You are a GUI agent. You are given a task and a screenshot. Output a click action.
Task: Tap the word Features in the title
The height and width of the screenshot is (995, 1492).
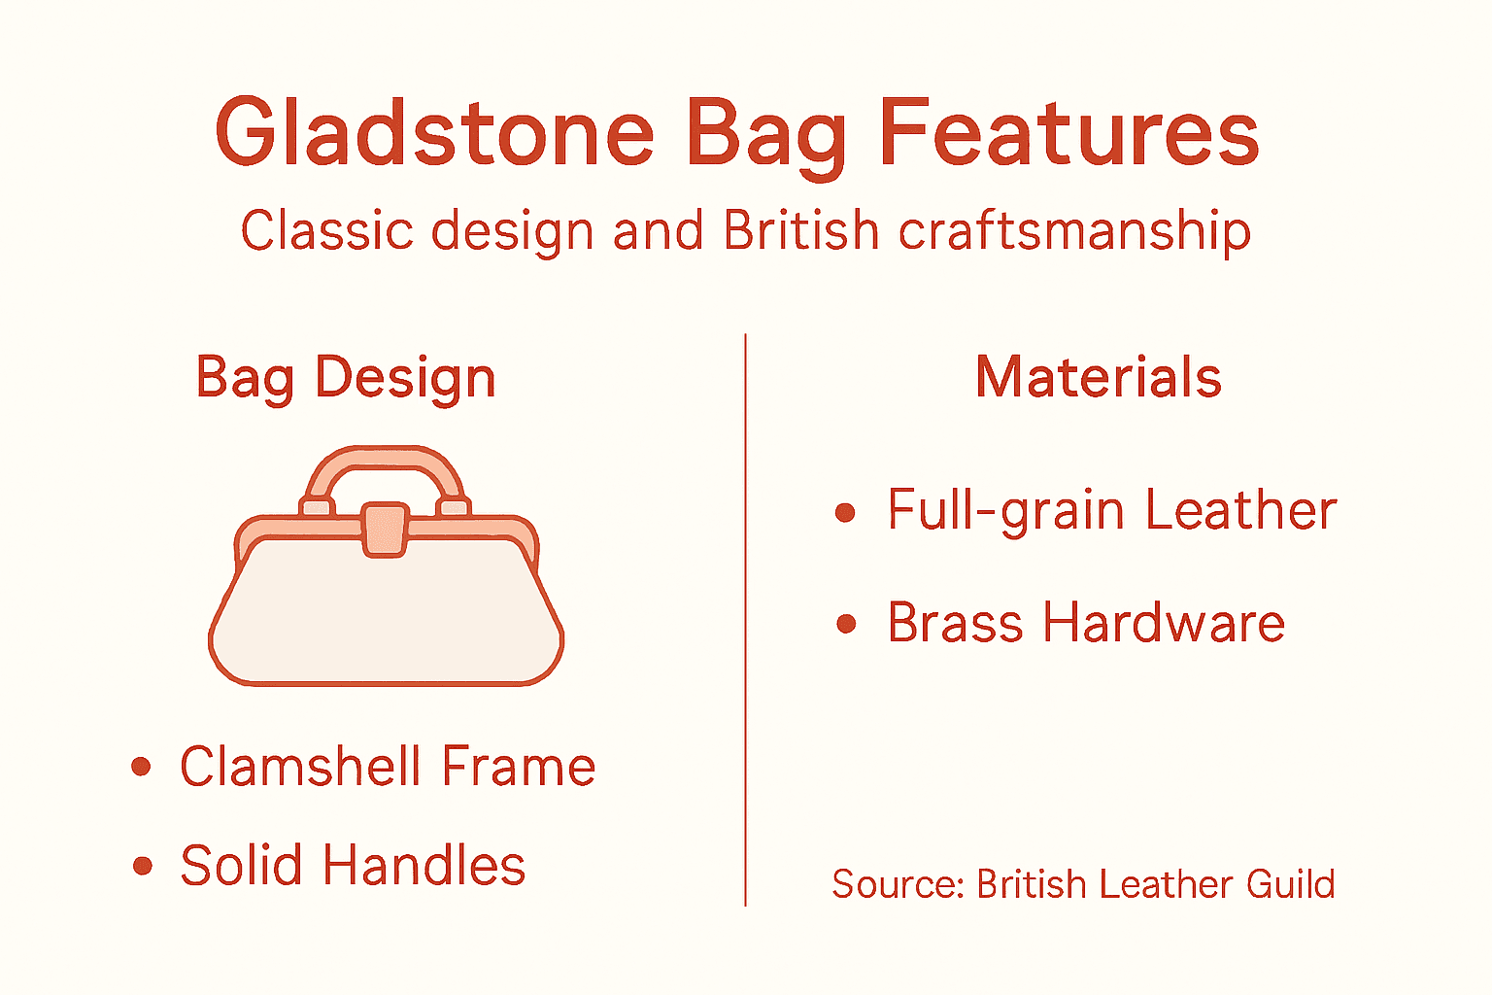1068,132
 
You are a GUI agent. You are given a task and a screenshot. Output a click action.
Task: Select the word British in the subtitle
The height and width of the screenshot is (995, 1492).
800,231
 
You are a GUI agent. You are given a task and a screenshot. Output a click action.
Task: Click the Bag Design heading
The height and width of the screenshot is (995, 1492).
346,377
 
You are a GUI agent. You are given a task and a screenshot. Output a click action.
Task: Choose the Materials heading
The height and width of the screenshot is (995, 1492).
1098,377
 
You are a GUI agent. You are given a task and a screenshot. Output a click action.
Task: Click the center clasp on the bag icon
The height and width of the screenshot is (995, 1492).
386,530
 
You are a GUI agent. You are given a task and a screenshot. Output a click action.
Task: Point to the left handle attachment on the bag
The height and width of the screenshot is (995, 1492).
317,506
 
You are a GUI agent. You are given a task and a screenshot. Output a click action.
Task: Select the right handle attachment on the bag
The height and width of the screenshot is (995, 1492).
454,506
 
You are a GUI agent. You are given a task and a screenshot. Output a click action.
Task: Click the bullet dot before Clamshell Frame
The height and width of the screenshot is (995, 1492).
142,768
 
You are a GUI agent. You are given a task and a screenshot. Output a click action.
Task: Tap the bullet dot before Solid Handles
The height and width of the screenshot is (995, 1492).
143,866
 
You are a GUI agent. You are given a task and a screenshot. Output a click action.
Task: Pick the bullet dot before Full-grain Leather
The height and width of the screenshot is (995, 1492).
845,512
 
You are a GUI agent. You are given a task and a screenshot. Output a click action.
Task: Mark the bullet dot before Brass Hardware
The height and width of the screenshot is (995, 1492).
846,624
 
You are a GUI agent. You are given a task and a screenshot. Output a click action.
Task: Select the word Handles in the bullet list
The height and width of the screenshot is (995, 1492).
424,866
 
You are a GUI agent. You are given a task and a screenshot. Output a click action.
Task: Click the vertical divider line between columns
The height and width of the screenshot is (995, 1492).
745,622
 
